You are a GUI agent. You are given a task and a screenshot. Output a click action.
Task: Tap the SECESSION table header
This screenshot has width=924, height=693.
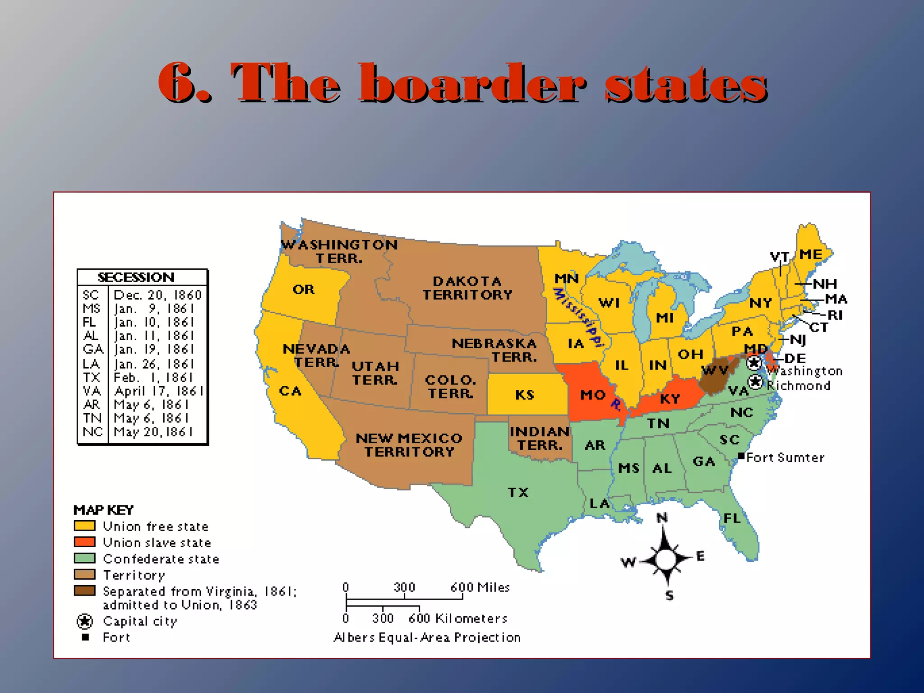[x=136, y=277]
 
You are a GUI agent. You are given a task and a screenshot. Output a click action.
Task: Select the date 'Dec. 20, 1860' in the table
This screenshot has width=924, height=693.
[x=157, y=295]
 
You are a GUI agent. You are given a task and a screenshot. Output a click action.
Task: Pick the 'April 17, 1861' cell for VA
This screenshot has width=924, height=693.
[x=159, y=391]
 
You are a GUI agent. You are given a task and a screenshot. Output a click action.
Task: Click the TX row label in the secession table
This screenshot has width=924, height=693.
[x=91, y=377]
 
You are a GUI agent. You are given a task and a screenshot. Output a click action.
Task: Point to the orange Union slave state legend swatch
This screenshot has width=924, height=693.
[x=85, y=542]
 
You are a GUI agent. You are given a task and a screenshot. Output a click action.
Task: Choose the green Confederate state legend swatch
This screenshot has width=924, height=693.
[x=85, y=558]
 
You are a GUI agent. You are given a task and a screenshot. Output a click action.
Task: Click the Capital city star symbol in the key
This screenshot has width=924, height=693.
[x=85, y=621]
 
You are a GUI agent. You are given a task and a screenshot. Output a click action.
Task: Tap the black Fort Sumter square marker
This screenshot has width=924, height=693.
[x=741, y=456]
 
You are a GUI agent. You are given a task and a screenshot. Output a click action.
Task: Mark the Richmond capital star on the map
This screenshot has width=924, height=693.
[x=755, y=382]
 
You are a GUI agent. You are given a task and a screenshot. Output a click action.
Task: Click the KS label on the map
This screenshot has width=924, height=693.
[x=525, y=395]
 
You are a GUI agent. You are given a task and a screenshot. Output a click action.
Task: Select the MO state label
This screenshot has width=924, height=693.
[x=592, y=395]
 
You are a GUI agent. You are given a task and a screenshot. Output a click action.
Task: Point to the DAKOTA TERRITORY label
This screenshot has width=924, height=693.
[x=467, y=288]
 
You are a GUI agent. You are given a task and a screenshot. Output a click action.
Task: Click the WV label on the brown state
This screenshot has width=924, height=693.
[x=715, y=371]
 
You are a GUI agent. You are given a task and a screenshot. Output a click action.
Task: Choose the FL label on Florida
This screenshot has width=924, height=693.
[x=732, y=518]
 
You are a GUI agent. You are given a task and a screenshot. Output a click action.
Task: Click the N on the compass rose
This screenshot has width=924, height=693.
[x=662, y=518]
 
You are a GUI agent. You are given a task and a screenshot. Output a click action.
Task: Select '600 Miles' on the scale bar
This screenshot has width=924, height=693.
[x=480, y=587]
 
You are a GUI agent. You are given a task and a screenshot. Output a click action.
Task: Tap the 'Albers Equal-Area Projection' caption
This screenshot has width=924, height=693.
[x=427, y=638]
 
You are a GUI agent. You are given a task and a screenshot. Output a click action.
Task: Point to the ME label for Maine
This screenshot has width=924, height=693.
[x=810, y=254]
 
